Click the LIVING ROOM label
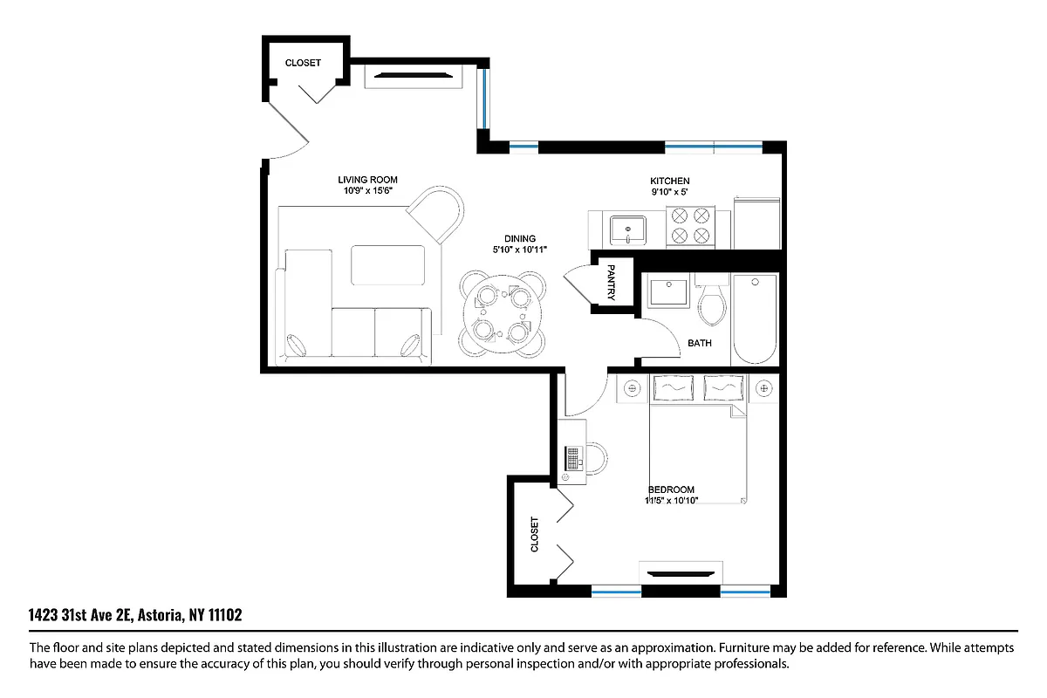click(x=367, y=180)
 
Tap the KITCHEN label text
click(x=669, y=181)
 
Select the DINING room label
click(x=519, y=238)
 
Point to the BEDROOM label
click(x=671, y=489)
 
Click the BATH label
click(x=699, y=343)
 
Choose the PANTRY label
click(x=611, y=282)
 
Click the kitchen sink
click(x=628, y=230)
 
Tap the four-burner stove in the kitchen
click(x=690, y=226)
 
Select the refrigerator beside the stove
click(x=756, y=223)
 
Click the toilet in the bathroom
click(x=713, y=302)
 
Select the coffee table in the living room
click(x=388, y=264)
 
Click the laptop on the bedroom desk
click(x=573, y=458)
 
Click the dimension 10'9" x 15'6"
click(x=367, y=190)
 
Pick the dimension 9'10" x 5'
click(x=669, y=191)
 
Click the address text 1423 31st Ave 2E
click(x=79, y=616)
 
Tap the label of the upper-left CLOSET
click(x=303, y=63)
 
